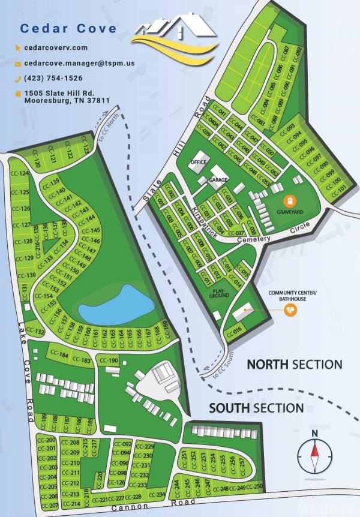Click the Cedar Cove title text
[68, 28]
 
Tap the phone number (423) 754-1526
[53, 78]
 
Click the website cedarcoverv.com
[56, 47]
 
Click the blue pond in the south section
[118, 304]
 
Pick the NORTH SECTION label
[295, 365]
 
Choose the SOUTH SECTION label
[256, 408]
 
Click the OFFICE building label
[198, 163]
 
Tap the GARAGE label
[217, 180]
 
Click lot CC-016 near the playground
[233, 330]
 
